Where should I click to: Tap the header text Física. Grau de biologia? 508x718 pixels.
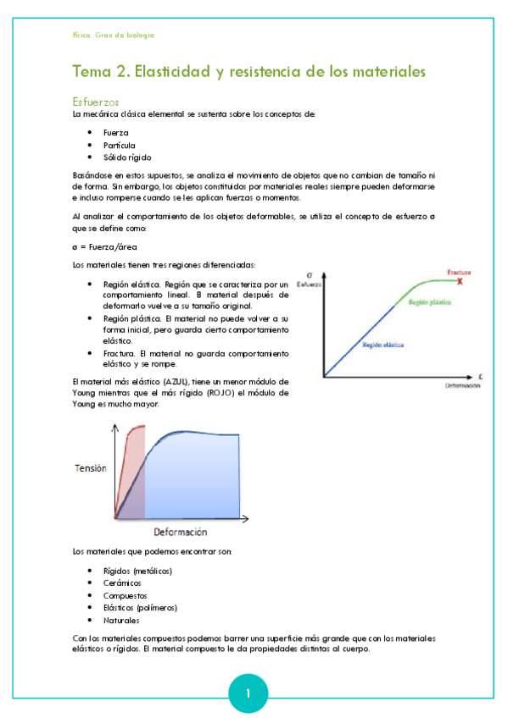114,35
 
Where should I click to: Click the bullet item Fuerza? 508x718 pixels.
116,133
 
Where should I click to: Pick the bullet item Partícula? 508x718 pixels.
120,145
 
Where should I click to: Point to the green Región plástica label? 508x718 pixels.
429,301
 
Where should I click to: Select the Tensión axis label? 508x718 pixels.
91,468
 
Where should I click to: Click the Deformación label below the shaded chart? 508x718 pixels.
181,533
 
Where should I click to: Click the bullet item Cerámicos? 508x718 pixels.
122,583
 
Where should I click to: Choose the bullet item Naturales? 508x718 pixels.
121,620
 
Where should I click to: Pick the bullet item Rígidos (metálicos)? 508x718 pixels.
137,571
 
